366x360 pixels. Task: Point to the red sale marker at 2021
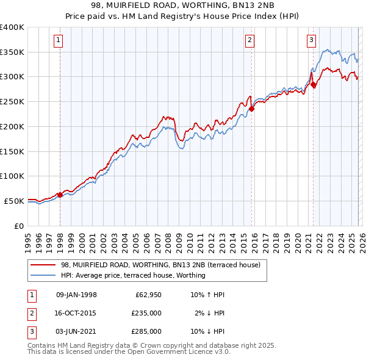(313, 84)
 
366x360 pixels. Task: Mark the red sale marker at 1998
(60, 195)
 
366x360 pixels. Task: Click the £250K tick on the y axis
(12, 101)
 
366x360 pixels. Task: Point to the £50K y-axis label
(14, 201)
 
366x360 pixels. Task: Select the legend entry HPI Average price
(133, 275)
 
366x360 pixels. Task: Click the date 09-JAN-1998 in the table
(76, 295)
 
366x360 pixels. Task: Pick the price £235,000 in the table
(146, 313)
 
